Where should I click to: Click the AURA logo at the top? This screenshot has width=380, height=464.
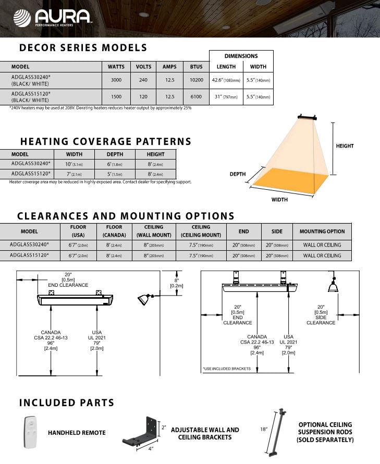52,17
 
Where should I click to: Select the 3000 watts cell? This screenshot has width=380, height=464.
116,80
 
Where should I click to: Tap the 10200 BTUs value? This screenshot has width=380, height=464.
196,80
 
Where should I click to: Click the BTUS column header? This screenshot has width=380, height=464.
196,67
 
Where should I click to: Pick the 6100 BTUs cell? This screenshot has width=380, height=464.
196,97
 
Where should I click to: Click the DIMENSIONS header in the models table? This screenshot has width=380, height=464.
241,56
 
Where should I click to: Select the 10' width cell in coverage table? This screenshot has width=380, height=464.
74,164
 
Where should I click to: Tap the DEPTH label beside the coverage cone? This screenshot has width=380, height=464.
238,174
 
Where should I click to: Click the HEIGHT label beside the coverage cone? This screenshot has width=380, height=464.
345,146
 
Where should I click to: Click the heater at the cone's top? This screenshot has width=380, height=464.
307,117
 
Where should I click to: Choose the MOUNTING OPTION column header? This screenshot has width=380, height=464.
322,231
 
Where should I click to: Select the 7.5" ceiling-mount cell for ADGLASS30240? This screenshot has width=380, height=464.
201,245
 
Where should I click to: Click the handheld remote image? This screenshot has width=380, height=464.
30,432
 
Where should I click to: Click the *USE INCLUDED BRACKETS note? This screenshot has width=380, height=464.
227,369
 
